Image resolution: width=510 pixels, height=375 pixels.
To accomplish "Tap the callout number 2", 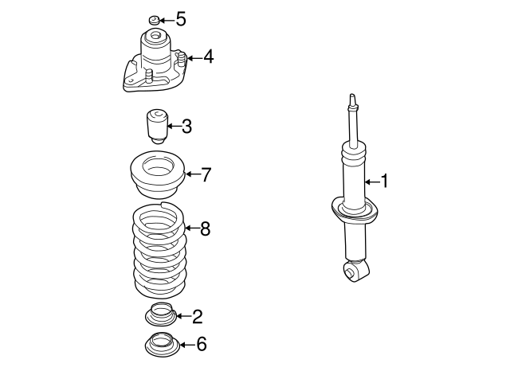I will [197, 317].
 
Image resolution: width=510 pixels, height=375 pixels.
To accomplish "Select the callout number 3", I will [186, 126].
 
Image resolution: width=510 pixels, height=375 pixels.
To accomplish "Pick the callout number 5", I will [180, 18].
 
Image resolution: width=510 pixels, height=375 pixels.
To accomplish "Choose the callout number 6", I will [201, 344].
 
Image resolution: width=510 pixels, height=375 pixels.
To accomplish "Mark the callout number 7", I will [206, 174].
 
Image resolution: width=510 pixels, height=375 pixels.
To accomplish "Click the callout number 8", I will [205, 229].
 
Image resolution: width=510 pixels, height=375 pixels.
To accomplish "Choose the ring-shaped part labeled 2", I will [160, 316].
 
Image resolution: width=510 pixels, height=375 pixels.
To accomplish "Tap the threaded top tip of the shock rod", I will [351, 100].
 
